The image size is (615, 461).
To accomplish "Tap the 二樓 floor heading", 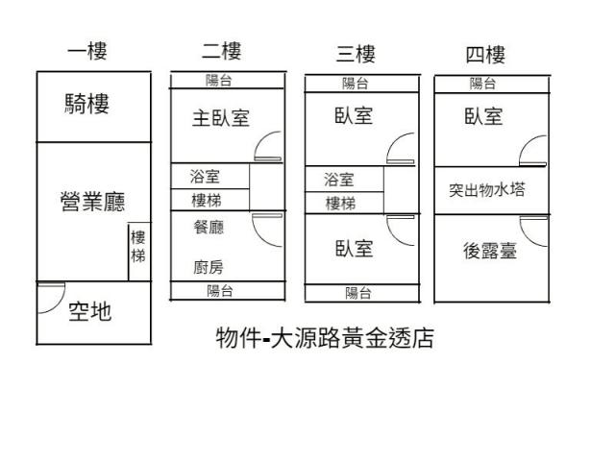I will (221, 51).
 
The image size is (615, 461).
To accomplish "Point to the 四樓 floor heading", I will (485, 54).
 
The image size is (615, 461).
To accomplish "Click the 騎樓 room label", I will (86, 104).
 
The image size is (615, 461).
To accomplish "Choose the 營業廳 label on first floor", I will (92, 202).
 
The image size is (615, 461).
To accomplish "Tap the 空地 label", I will (89, 311).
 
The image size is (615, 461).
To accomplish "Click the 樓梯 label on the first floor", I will (139, 247).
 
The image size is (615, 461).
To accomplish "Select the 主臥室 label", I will (220, 118).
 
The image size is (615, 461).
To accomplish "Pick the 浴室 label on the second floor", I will (206, 177).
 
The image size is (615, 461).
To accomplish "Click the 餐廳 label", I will (209, 228).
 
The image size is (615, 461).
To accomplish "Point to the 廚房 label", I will (209, 267).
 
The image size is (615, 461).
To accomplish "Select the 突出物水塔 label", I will (487, 190).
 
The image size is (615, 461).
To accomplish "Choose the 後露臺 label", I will (489, 252).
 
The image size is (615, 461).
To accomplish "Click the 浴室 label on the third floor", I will (339, 180).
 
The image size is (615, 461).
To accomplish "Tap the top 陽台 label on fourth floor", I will (483, 84).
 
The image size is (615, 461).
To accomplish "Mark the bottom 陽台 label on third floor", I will (358, 293).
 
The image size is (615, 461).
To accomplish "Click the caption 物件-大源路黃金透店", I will (325, 338).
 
